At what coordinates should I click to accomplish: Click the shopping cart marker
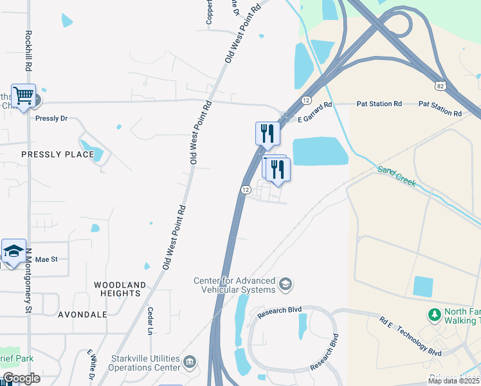pyautogui.click(x=23, y=96)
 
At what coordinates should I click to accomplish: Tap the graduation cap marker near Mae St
pyautogui.click(x=14, y=252)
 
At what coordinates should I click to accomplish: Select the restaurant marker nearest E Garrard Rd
pyautogui.click(x=268, y=134)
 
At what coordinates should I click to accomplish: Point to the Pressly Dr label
pyautogui.click(x=51, y=119)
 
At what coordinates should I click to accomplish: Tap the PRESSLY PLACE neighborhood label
pyautogui.click(x=58, y=154)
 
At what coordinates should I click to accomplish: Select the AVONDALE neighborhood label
pyautogui.click(x=82, y=315)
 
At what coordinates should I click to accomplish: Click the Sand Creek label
pyautogui.click(x=397, y=176)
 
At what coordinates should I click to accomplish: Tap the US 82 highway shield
pyautogui.click(x=440, y=86)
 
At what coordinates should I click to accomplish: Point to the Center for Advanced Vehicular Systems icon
pyautogui.click(x=286, y=283)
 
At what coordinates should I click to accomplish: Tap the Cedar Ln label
pyautogui.click(x=150, y=320)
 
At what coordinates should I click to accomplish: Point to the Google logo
pyautogui.click(x=21, y=378)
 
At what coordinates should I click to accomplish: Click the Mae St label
pyautogui.click(x=47, y=259)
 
